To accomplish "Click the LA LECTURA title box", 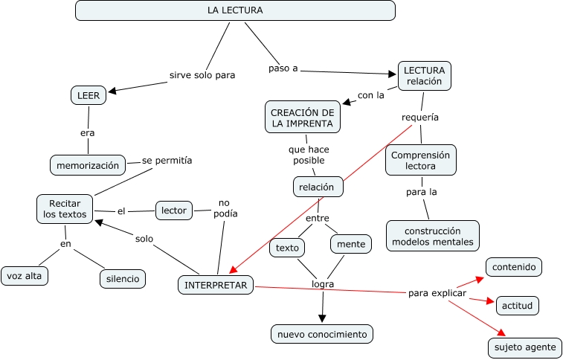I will (235, 10).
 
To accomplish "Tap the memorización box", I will (88, 165).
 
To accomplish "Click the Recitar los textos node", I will (65, 209).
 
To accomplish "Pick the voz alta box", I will (25, 276).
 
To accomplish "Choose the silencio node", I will (123, 279).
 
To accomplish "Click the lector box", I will (174, 210).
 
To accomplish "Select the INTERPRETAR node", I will (216, 285).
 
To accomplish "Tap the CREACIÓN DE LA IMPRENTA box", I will (303, 118).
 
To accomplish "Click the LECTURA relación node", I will (424, 76).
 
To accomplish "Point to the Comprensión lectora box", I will (421, 160).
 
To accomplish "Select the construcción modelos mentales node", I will (433, 236).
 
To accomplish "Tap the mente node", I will (351, 244).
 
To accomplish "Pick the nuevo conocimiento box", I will (322, 335).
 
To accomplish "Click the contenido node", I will (514, 266).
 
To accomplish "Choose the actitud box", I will (517, 306).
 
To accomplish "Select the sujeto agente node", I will (525, 347).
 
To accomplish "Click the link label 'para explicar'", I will (437, 292).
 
